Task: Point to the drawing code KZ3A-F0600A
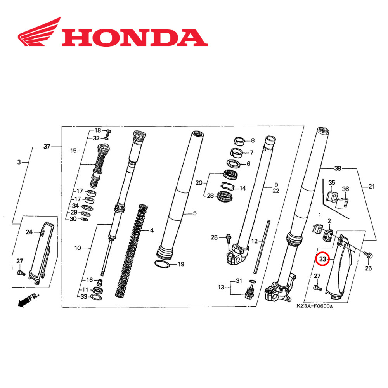click(315, 306)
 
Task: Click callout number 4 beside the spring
click(152, 230)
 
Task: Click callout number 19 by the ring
click(181, 265)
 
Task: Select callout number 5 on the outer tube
click(195, 213)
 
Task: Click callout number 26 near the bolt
click(368, 268)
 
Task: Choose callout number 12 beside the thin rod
click(254, 241)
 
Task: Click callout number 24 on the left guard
click(29, 232)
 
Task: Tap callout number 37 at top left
click(47, 147)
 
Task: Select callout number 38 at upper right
click(338, 169)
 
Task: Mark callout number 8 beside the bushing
click(253, 140)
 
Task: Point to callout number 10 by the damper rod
click(78, 248)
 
